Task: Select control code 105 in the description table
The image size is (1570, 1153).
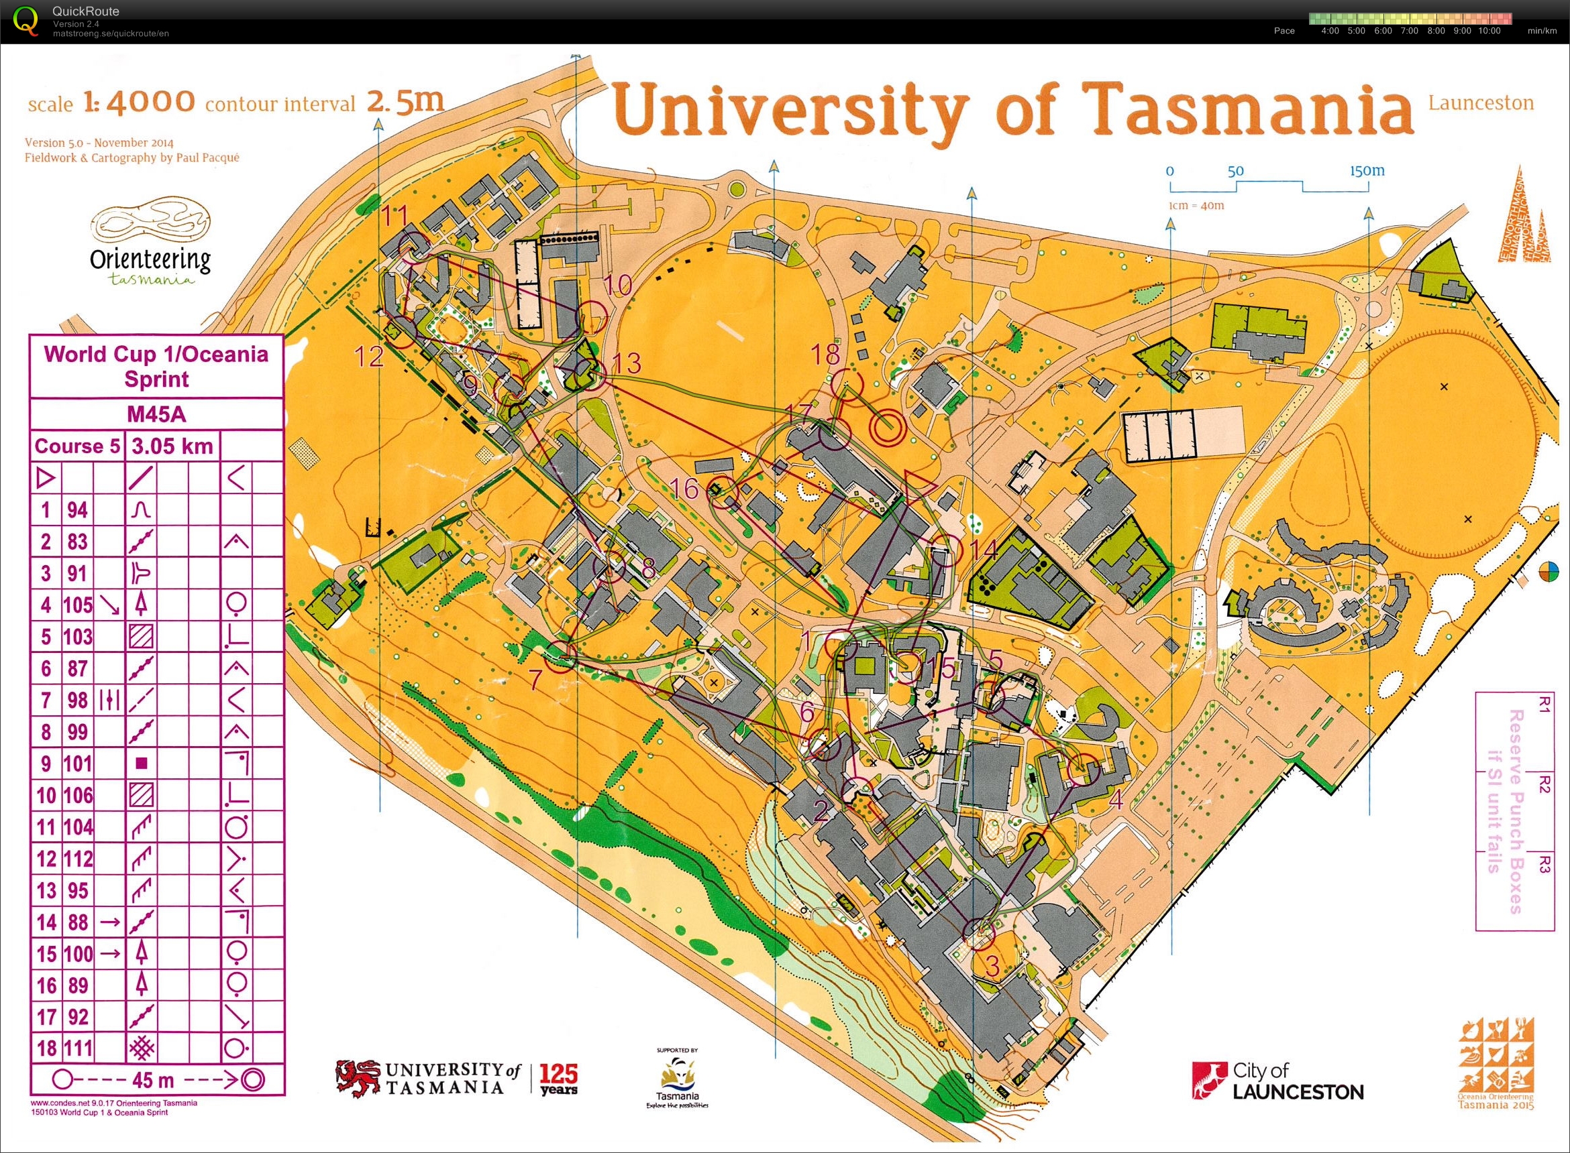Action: click(x=78, y=605)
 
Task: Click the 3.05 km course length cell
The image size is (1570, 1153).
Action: click(x=172, y=446)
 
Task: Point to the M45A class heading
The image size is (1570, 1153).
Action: click(x=156, y=414)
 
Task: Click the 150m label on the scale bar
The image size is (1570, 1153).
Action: click(x=1367, y=170)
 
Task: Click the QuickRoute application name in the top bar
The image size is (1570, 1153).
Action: click(x=86, y=11)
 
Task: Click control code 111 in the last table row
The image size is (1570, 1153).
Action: click(x=78, y=1048)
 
